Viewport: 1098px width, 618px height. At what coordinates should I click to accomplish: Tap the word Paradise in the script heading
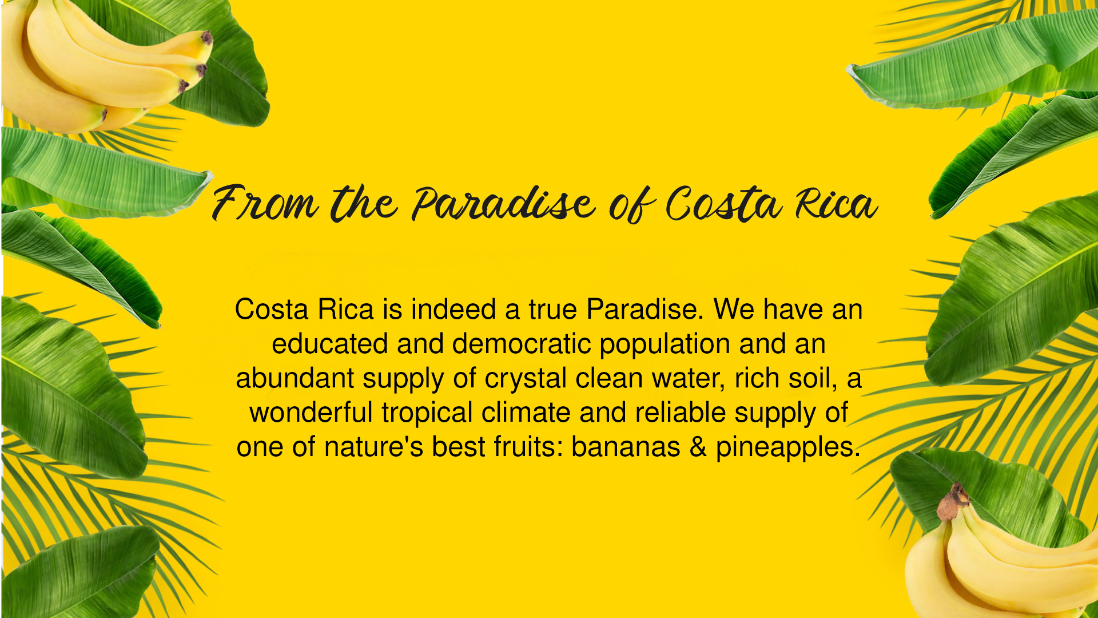point(504,204)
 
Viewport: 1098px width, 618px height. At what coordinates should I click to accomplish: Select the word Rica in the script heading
point(837,204)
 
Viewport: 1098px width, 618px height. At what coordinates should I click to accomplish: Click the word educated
point(329,344)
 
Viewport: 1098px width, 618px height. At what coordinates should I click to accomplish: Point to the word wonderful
point(311,413)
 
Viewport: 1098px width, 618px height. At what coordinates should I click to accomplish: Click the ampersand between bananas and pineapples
point(698,447)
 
